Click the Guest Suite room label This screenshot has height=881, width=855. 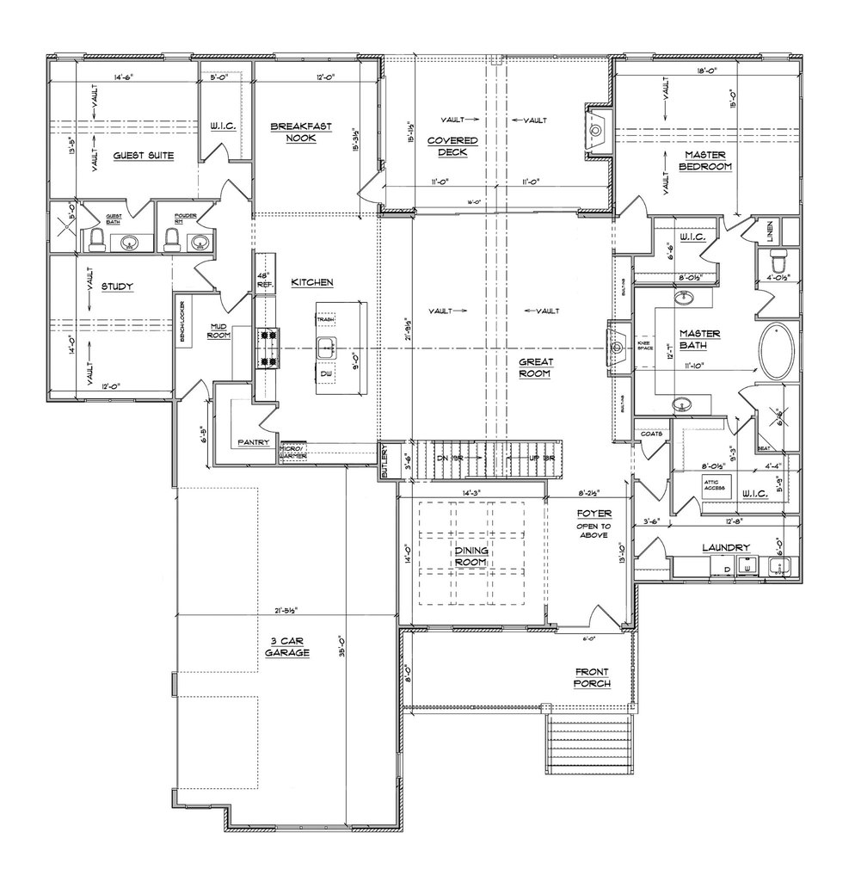tap(144, 156)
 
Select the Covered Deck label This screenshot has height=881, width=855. tap(457, 145)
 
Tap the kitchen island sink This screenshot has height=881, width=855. tap(326, 348)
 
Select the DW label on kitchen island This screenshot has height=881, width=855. tap(326, 375)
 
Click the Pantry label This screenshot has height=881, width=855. tap(254, 443)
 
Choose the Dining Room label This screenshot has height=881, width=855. tap(471, 556)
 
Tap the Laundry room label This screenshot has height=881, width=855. tap(726, 547)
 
